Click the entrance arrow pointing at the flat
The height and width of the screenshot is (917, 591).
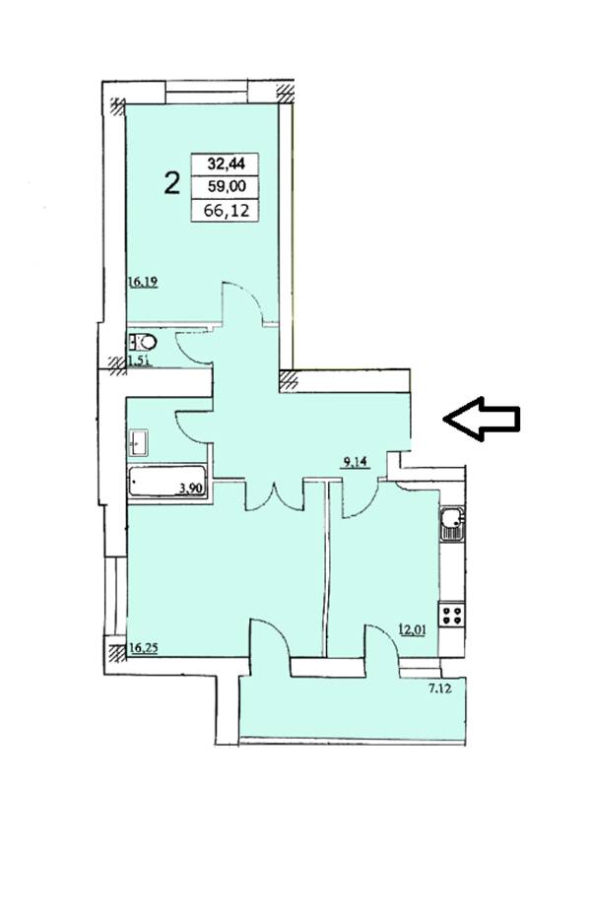pos(481,419)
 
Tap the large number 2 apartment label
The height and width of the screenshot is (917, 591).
pos(172,183)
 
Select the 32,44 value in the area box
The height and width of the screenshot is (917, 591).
pos(225,164)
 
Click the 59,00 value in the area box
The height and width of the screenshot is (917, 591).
pos(225,186)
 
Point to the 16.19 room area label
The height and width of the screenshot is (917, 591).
pos(143,283)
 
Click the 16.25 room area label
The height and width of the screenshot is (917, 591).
pos(144,647)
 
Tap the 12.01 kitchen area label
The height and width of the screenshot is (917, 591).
pos(412,629)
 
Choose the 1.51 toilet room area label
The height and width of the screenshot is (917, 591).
pos(140,360)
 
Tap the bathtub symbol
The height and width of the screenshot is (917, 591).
pos(167,482)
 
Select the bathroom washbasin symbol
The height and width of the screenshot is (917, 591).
pos(139,442)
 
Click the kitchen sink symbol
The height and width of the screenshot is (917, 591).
pos(452,523)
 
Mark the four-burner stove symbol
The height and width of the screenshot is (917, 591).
pos(452,614)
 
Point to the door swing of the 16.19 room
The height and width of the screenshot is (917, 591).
pos(241,301)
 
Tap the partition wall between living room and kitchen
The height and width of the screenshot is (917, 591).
pos(325,567)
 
